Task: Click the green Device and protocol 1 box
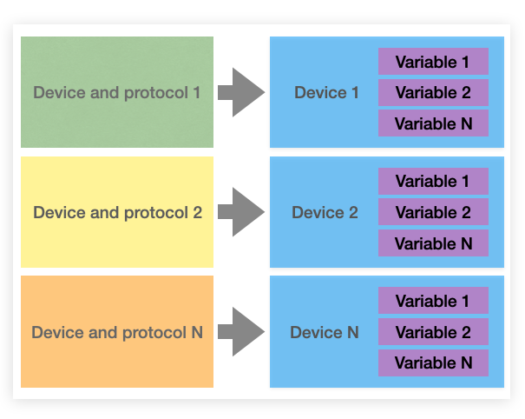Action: pyautogui.click(x=117, y=92)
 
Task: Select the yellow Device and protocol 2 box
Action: pyautogui.click(x=117, y=212)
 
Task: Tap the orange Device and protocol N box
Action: pyautogui.click(x=117, y=332)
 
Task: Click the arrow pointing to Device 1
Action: pyautogui.click(x=240, y=92)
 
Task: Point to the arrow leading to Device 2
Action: pyautogui.click(x=240, y=212)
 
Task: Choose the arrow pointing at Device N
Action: pyautogui.click(x=240, y=332)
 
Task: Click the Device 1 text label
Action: pyautogui.click(x=326, y=92)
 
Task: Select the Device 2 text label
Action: pyautogui.click(x=325, y=212)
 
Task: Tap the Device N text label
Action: pyautogui.click(x=324, y=332)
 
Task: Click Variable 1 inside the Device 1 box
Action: pyautogui.click(x=433, y=62)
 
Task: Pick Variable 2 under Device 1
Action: pyautogui.click(x=433, y=92)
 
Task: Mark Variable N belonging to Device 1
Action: pyautogui.click(x=433, y=123)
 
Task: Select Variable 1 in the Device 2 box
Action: pyautogui.click(x=433, y=181)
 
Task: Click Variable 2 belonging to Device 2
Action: pyautogui.click(x=433, y=212)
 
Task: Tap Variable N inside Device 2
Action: pyautogui.click(x=433, y=243)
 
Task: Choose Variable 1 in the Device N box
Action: pyautogui.click(x=433, y=301)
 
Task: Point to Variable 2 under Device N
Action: pyautogui.click(x=433, y=332)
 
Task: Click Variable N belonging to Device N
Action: pyautogui.click(x=433, y=362)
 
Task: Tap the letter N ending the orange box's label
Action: pyautogui.click(x=197, y=332)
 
